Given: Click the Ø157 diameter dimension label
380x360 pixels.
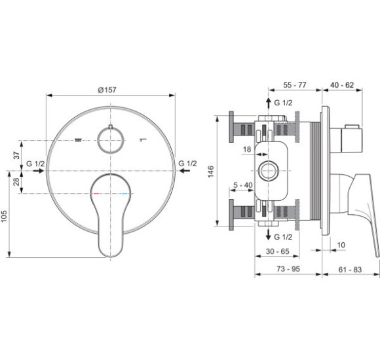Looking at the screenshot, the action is pyautogui.click(x=107, y=90).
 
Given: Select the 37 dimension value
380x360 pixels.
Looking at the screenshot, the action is pyautogui.click(x=16, y=155).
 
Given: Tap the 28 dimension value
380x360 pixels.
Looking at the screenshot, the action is pyautogui.click(x=16, y=181).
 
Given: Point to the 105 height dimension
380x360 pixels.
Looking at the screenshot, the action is pyautogui.click(x=4, y=216).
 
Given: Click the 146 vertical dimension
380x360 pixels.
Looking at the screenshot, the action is pyautogui.click(x=211, y=171).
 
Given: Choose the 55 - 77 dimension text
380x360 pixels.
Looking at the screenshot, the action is pyautogui.click(x=295, y=85).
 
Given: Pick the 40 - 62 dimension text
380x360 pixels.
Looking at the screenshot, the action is pyautogui.click(x=342, y=85).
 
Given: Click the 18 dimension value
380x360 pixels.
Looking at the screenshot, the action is pyautogui.click(x=247, y=149).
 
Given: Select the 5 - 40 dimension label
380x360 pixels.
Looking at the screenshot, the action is pyautogui.click(x=243, y=185).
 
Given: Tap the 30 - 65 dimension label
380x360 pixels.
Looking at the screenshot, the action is pyautogui.click(x=278, y=251).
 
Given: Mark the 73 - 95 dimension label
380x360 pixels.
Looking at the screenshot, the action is pyautogui.click(x=288, y=269).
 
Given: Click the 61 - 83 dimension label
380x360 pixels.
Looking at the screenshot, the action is pyautogui.click(x=350, y=270).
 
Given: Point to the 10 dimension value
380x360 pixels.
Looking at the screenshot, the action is pyautogui.click(x=341, y=245).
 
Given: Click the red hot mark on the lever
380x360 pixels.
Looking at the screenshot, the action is pyautogui.click(x=96, y=194).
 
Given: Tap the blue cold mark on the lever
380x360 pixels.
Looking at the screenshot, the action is pyautogui.click(x=124, y=194).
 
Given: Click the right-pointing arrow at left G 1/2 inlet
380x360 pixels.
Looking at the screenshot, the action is pyautogui.click(x=38, y=171).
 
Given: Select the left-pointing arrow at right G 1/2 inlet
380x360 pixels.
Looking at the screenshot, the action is pyautogui.click(x=185, y=171).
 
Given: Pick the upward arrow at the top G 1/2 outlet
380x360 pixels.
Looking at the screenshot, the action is pyautogui.click(x=269, y=103).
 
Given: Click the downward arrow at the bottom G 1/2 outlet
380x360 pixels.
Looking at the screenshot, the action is pyautogui.click(x=268, y=234).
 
